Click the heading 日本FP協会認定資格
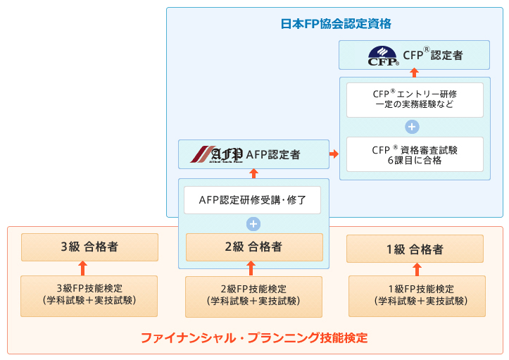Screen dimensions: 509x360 [336, 24]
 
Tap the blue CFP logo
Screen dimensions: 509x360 [383, 56]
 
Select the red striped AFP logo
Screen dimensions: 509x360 [216, 154]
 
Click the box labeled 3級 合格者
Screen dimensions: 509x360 [89, 247]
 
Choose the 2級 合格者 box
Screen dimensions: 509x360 [254, 247]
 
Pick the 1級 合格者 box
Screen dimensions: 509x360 [415, 249]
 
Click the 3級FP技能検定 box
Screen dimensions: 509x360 [89, 296]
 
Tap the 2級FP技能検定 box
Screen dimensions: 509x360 [253, 297]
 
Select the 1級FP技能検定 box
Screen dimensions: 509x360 [417, 296]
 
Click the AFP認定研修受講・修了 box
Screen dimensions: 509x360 [252, 200]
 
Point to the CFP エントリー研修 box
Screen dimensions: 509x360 [415, 100]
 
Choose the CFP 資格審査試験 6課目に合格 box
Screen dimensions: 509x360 [415, 154]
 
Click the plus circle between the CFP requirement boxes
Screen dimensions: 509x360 [412, 127]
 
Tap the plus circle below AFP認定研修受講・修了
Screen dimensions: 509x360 [253, 224]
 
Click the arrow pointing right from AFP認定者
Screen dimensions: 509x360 [334, 154]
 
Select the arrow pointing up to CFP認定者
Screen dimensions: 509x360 [414, 73]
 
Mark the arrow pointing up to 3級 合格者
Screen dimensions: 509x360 [83, 268]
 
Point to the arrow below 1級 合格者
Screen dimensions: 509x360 [417, 269]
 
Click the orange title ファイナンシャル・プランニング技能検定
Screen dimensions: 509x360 [254, 338]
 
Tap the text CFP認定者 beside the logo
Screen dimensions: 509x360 [433, 55]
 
